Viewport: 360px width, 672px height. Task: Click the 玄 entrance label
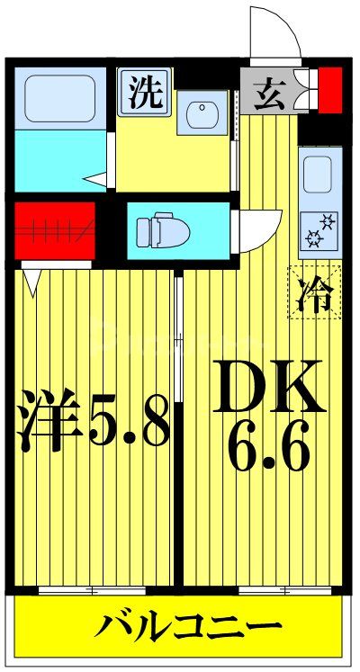[269, 93]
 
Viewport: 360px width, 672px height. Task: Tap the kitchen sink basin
[319, 175]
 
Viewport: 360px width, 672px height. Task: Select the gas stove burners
[319, 229]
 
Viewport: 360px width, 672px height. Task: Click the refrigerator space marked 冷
[314, 291]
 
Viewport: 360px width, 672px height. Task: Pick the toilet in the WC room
[162, 230]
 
